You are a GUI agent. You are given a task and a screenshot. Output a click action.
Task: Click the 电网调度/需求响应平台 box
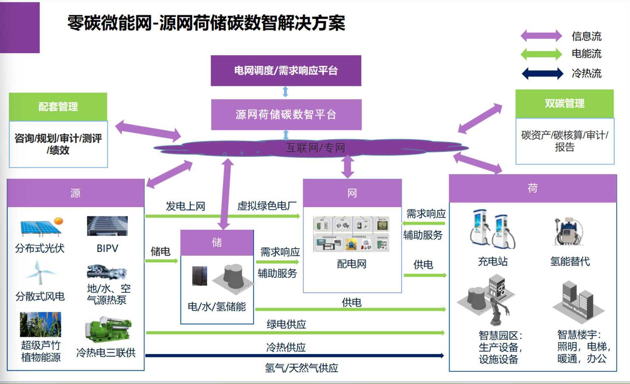pos(286,71)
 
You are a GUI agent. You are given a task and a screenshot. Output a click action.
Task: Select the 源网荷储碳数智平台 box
pos(286,115)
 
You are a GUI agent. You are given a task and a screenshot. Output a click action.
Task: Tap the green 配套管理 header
pos(58,106)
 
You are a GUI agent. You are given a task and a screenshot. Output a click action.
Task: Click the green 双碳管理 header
pos(564,103)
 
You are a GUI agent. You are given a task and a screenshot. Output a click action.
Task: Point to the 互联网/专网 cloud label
pos(315,148)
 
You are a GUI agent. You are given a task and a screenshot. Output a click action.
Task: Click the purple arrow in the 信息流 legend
pos(541,36)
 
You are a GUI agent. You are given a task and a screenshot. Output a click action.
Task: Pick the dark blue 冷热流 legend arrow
pos(542,73)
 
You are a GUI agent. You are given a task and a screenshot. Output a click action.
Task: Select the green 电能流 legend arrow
pos(541,54)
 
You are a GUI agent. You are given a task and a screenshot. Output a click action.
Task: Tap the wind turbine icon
pos(40,272)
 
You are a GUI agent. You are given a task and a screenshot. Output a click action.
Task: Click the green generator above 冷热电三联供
pos(108,330)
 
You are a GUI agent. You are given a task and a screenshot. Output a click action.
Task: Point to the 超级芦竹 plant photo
pos(40,324)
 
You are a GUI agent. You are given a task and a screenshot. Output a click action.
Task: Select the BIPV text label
pos(107,248)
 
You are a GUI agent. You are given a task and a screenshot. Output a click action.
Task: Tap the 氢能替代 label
pos(570,261)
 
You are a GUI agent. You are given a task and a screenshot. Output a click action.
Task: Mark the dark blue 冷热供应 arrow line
pos(294,355)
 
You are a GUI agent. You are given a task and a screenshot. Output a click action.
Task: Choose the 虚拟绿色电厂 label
pos(267,206)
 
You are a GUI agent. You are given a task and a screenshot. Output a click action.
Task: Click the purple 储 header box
pos(217,243)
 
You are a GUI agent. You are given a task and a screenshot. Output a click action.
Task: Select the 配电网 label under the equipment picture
pos(352,264)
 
